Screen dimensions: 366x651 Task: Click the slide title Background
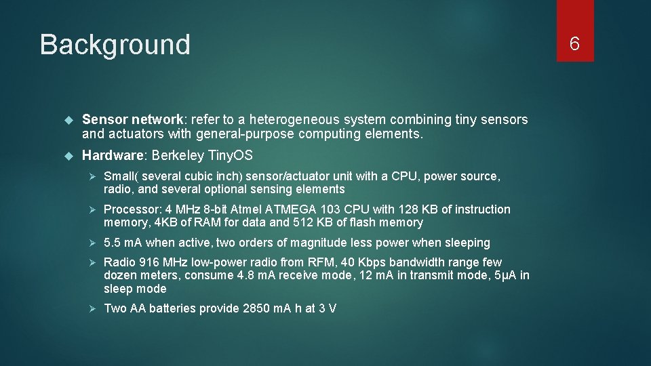coord(115,45)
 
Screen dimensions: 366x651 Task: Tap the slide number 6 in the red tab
coord(574,44)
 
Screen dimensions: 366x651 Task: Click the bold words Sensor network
coord(124,119)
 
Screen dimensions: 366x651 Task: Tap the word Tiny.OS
coord(230,156)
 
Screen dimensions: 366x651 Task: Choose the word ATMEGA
coord(292,209)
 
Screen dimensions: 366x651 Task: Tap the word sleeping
coord(467,243)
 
